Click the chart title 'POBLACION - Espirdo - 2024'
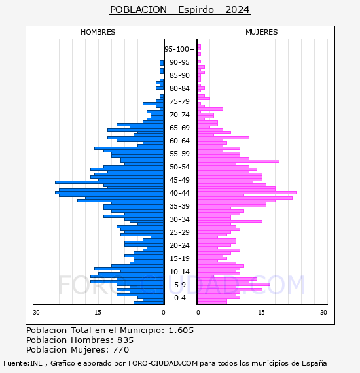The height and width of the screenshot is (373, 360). point(180,10)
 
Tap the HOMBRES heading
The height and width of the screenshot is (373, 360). point(98,32)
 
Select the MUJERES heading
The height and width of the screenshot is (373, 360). point(262,32)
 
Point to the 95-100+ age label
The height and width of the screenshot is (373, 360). point(179,49)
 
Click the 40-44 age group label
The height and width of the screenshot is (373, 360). point(179,193)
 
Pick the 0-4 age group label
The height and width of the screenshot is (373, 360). point(180,298)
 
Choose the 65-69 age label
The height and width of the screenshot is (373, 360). point(179,128)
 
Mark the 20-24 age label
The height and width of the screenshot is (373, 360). point(179,245)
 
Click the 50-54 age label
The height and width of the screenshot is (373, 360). point(179,167)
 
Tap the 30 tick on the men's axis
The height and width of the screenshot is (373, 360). point(36,312)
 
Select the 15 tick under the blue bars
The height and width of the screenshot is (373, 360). point(98,312)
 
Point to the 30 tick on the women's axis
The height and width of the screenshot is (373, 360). point(323,312)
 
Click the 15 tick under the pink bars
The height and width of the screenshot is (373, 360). point(262,312)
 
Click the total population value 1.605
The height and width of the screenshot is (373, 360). point(181,330)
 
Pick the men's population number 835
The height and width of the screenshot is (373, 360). point(126,340)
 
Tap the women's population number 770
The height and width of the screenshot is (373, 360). point(121,350)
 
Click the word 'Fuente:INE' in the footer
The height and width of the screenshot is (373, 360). point(23,363)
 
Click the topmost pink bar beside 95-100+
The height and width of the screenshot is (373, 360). point(199,47)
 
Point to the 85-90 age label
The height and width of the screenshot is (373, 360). point(179,75)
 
